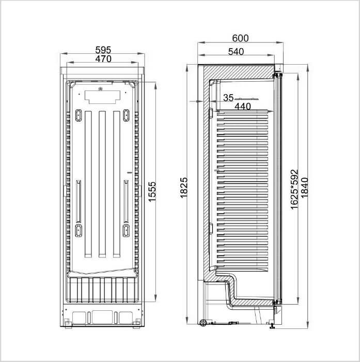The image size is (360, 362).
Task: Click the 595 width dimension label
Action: [x=103, y=50]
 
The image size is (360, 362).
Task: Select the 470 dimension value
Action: [x=103, y=59]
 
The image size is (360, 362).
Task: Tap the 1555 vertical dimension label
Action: [x=152, y=192]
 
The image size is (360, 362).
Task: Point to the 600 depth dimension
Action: [x=240, y=38]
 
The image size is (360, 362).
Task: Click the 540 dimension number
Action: [x=236, y=52]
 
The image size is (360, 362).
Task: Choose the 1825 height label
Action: [x=184, y=188]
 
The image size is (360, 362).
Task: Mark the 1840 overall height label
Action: [x=304, y=187]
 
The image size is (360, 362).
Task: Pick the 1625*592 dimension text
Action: [x=294, y=189]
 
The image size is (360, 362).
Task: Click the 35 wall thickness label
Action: [x=228, y=98]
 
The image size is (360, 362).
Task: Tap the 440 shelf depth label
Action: [x=243, y=107]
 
